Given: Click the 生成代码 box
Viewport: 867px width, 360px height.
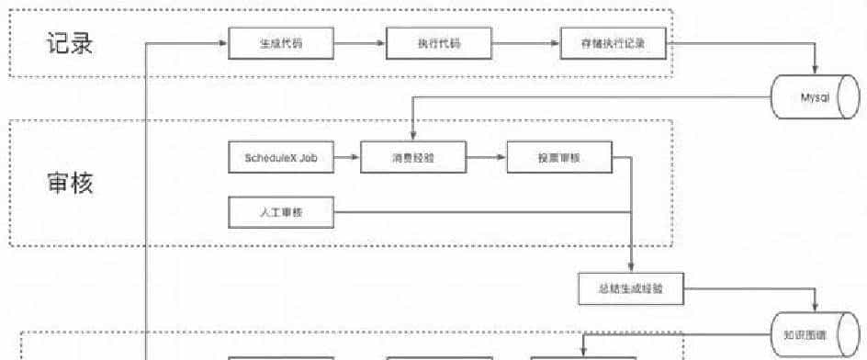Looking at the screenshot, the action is (280, 44).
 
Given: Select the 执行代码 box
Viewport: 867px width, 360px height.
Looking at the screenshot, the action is (439, 44).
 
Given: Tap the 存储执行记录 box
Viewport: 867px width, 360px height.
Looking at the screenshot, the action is (612, 44).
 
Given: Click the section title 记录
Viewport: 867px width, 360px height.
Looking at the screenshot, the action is (70, 43).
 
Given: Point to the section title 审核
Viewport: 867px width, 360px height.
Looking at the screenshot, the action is (70, 183).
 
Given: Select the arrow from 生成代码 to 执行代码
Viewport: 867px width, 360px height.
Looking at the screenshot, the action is (359, 44).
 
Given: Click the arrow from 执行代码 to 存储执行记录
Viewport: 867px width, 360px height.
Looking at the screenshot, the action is (526, 44).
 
